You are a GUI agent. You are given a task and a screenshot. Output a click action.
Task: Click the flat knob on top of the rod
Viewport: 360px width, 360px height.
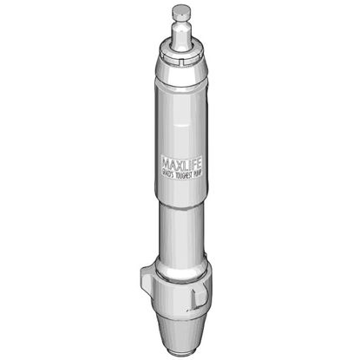(180, 12)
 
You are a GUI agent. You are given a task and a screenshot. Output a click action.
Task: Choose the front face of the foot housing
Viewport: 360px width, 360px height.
(178, 295)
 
